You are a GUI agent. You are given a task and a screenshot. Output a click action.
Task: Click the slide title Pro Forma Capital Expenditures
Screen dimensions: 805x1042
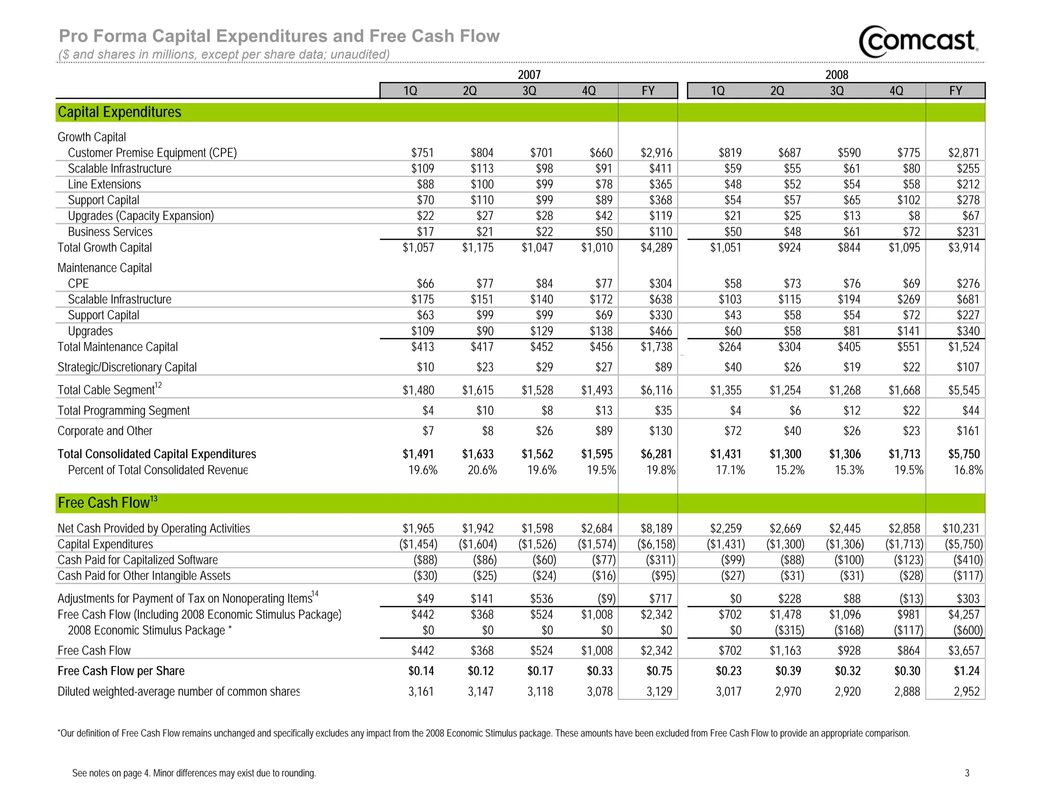click(x=279, y=36)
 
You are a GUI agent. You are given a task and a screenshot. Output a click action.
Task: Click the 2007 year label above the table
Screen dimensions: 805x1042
click(x=529, y=75)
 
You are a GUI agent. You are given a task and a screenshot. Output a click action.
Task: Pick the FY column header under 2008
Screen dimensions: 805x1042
click(x=955, y=91)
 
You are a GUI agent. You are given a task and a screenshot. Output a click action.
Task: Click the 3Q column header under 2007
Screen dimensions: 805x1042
click(x=529, y=91)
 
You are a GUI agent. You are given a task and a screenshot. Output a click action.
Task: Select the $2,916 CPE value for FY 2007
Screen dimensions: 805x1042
click(x=656, y=153)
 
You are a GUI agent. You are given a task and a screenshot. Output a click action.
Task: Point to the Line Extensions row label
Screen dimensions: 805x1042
click(x=104, y=184)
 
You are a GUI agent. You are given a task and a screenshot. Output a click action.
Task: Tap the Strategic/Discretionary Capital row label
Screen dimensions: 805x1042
click(x=127, y=367)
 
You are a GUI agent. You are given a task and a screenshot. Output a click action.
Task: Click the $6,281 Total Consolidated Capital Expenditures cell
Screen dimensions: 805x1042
click(x=656, y=454)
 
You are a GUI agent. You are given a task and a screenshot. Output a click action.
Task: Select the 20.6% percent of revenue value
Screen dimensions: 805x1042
click(x=482, y=470)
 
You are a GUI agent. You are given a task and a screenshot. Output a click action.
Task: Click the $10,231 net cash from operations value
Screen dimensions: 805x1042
click(x=961, y=529)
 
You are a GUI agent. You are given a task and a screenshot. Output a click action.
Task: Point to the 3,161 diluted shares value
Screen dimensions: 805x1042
click(x=421, y=692)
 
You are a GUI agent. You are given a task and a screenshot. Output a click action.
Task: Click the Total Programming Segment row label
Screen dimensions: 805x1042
click(x=123, y=411)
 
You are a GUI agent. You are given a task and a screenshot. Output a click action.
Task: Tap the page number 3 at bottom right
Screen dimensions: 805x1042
click(x=967, y=773)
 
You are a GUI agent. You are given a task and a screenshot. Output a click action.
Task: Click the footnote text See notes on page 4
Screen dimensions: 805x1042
click(x=194, y=773)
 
